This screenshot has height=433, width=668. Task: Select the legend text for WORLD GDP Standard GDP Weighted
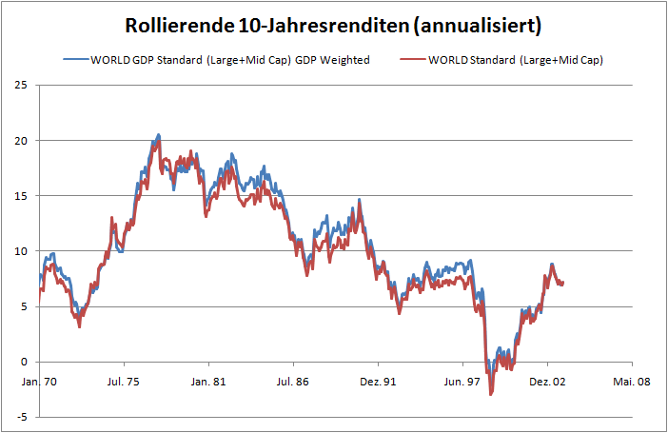(229, 60)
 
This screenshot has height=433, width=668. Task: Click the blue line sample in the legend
(76, 60)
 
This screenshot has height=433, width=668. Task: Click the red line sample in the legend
(411, 60)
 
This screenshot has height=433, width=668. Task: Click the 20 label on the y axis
(20, 141)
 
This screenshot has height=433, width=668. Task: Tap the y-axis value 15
(20, 196)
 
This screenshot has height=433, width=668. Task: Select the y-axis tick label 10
(20, 251)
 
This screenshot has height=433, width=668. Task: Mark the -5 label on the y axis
(20, 417)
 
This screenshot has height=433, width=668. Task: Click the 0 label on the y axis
(23, 362)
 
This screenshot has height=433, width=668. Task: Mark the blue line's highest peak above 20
(158, 135)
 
